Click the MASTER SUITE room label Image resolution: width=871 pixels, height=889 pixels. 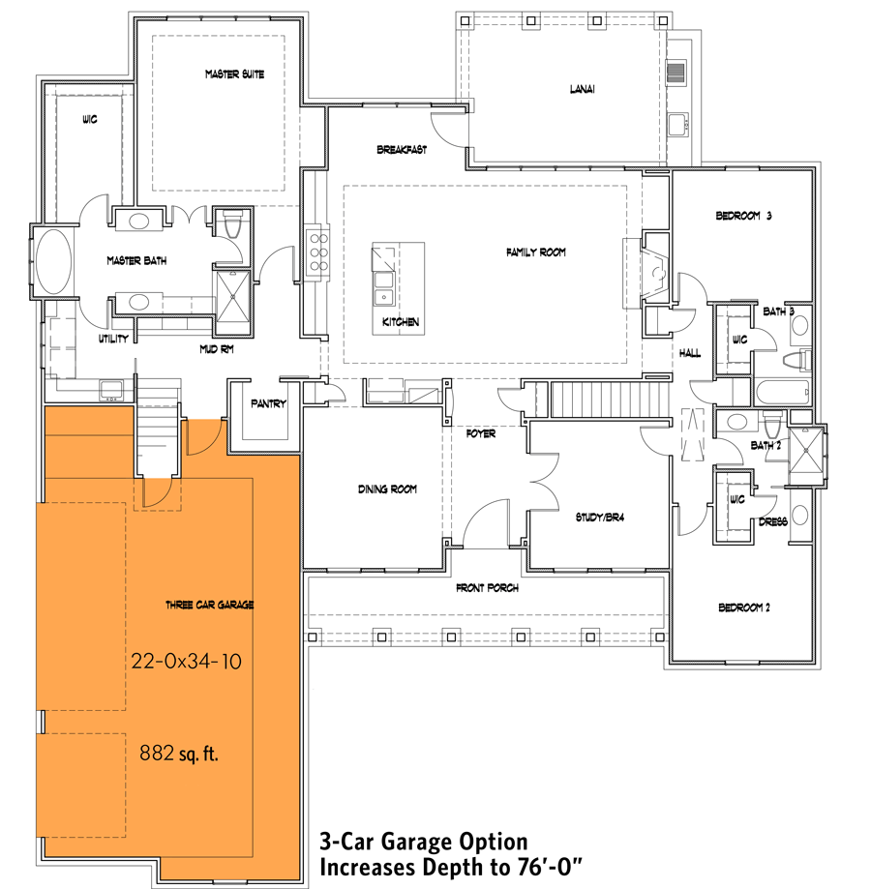pos(234,74)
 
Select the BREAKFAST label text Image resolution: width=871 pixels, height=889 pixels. pos(402,150)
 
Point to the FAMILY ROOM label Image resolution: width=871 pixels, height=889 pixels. pos(535,252)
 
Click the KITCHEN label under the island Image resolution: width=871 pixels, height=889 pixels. pos(401,322)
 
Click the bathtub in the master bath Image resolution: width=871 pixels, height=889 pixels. pos(54,262)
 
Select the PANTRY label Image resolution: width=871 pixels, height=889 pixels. pos(268,403)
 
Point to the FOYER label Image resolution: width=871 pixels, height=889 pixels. pos(481,433)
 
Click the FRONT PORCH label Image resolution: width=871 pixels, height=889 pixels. pos(487,588)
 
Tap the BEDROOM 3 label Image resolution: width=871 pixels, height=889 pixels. pos(743,216)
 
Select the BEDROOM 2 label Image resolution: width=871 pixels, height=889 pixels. pos(744,608)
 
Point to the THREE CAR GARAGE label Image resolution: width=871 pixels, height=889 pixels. pos(209,605)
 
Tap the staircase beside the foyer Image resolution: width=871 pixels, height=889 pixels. pos(609,398)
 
